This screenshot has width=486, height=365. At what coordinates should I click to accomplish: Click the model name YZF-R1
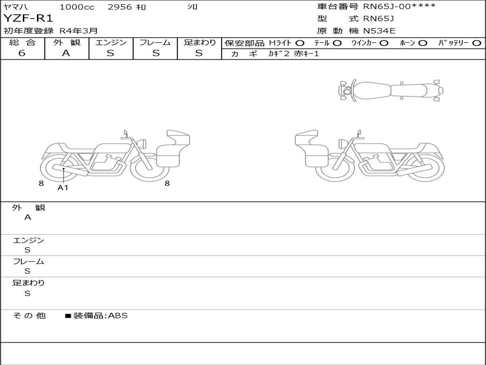pos(28,19)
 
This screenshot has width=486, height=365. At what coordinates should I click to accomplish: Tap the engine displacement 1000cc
pos(76,7)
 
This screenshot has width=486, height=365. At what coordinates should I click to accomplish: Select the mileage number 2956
pos(120,7)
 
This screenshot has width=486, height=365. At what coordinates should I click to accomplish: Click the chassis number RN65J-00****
pos(399,6)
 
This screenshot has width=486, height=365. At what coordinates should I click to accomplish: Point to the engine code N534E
pos(379,31)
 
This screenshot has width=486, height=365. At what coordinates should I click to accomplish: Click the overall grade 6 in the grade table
pos(22,53)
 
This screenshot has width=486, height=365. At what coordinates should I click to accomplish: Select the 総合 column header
pos(22,42)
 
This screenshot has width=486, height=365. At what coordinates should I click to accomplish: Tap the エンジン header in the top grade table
pos(111,42)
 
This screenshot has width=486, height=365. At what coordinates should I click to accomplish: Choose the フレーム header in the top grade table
pos(155,42)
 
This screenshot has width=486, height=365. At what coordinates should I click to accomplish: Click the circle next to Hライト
pos(300,43)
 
